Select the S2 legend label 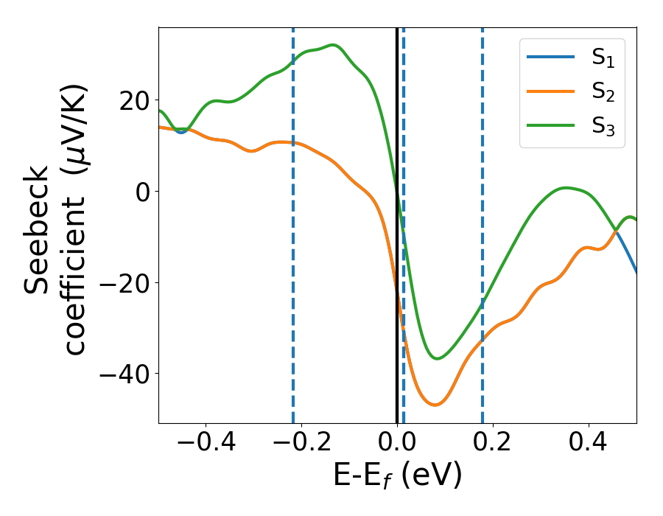click(x=603, y=94)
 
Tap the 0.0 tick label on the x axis click(x=397, y=444)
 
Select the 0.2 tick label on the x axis click(x=493, y=444)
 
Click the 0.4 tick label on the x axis click(x=589, y=444)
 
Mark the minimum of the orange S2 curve click(x=435, y=405)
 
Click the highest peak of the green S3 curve click(x=334, y=45)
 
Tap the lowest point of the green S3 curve click(x=438, y=358)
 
